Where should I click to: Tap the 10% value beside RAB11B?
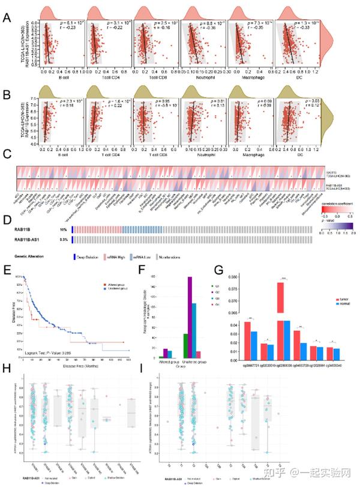click(64, 229)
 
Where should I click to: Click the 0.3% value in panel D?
click(63, 240)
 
